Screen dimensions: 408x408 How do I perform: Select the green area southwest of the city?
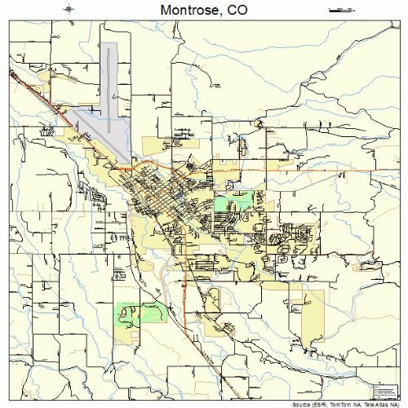(x=136, y=313)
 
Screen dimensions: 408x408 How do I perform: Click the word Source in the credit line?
(x=299, y=404)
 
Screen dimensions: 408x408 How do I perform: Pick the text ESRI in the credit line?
(x=321, y=404)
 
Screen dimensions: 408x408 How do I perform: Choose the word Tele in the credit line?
(x=370, y=404)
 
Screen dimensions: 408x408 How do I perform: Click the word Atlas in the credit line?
(x=384, y=404)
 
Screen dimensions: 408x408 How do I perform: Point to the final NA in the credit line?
(x=397, y=404)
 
